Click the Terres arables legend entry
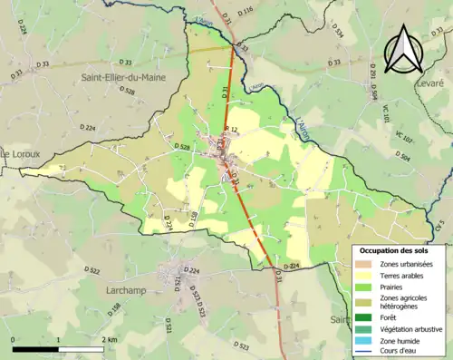[x=404, y=276]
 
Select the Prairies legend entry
[x=394, y=288]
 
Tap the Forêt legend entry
[x=391, y=317]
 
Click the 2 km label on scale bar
[x=109, y=340]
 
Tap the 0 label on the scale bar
[x=13, y=340]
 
